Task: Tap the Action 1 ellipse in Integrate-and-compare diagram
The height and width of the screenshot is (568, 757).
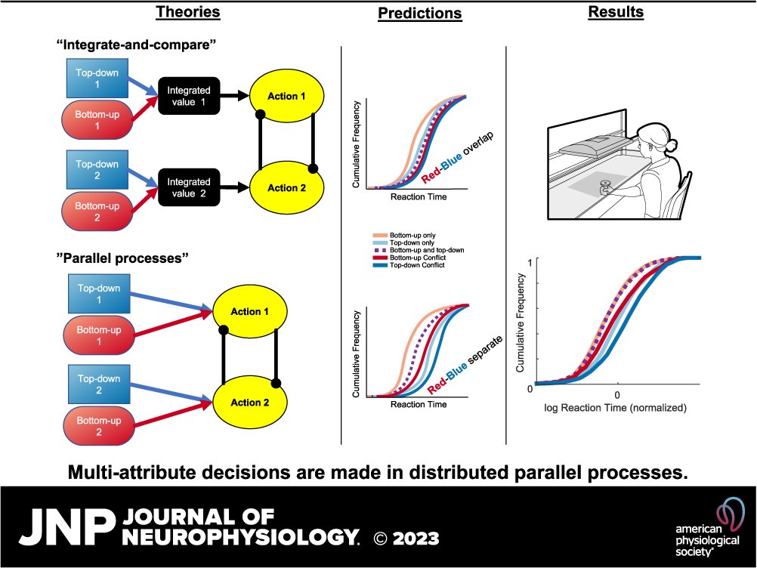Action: (286, 96)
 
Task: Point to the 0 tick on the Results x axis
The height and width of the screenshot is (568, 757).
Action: (617, 394)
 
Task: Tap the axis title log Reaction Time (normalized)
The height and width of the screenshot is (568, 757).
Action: (615, 408)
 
